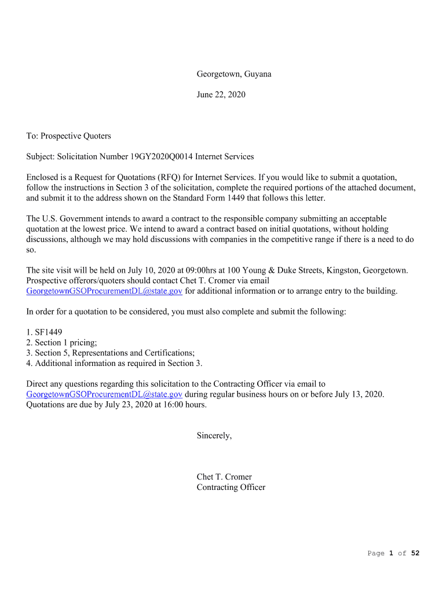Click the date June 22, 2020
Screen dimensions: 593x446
tap(221, 94)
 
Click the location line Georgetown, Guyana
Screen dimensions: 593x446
tap(233, 74)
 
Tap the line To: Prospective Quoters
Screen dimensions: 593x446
tap(68, 136)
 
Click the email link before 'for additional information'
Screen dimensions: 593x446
tap(104, 291)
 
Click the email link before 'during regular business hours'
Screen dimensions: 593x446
tap(104, 394)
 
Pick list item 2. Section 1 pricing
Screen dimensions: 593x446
tap(62, 343)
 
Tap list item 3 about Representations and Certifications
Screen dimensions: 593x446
tap(111, 353)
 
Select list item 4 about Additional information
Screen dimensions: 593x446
tap(115, 363)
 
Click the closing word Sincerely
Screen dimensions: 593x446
tap(214, 435)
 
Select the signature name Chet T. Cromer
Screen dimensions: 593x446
tap(224, 477)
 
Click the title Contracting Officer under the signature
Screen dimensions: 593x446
tap(231, 488)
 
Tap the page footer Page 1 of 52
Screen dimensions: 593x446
tap(393, 554)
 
